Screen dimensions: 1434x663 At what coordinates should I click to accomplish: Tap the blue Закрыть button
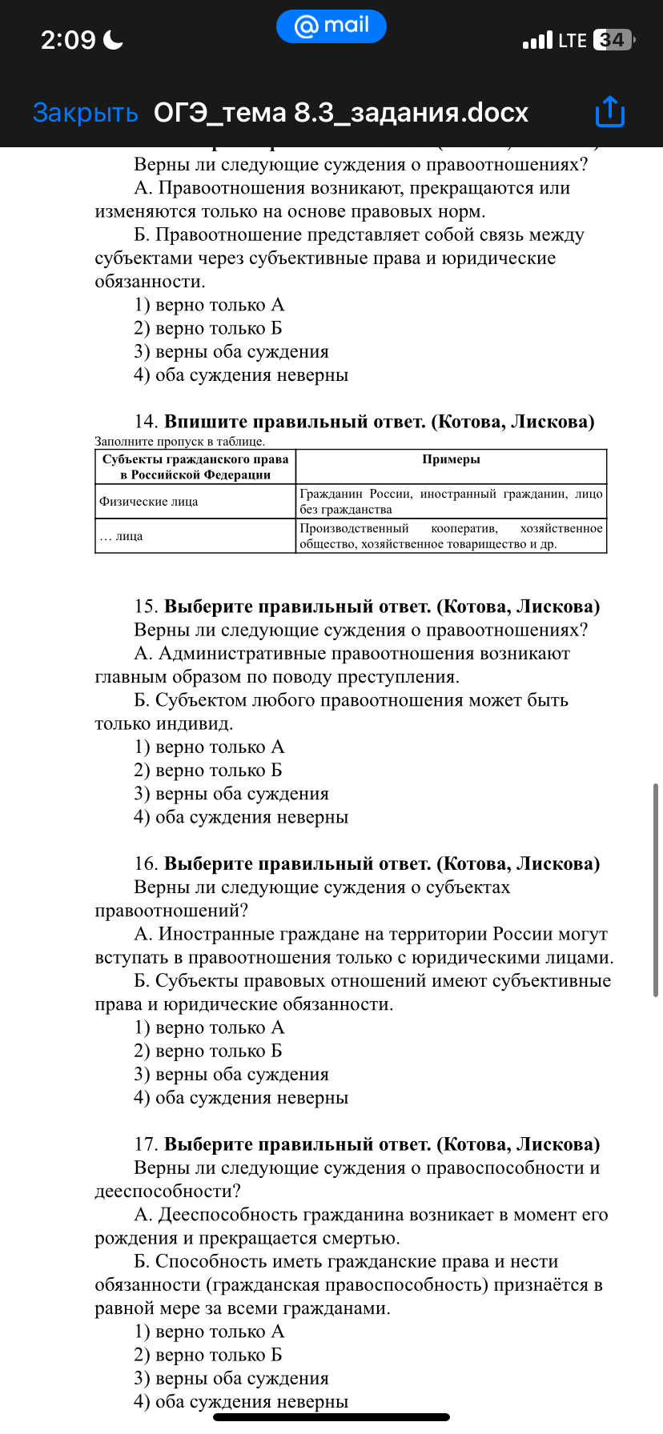(x=85, y=113)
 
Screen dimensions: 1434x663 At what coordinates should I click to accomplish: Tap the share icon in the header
(x=609, y=112)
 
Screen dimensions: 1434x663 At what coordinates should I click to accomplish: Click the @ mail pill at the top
(x=331, y=26)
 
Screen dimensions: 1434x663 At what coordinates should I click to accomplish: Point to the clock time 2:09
(x=68, y=39)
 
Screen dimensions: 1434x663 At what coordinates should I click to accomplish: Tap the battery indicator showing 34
(x=613, y=40)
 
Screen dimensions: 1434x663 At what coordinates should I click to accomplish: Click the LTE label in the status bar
(x=573, y=40)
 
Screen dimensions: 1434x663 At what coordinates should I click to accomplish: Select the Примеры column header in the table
(x=451, y=459)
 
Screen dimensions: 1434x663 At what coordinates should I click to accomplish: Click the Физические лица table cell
(x=148, y=502)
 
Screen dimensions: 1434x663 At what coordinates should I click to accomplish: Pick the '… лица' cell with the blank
(x=121, y=536)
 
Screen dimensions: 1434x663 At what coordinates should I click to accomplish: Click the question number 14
(x=145, y=422)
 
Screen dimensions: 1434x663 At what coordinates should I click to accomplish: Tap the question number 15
(x=145, y=607)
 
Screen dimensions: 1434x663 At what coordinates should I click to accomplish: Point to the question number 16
(x=145, y=863)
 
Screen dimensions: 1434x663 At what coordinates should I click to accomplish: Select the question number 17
(x=145, y=1144)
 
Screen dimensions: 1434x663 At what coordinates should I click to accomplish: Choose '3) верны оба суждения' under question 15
(x=231, y=794)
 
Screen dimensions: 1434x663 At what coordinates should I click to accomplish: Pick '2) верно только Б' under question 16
(x=208, y=1051)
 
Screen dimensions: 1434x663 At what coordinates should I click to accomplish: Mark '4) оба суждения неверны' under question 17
(x=241, y=1401)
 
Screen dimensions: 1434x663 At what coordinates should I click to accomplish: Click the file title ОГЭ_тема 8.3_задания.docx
(x=341, y=113)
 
